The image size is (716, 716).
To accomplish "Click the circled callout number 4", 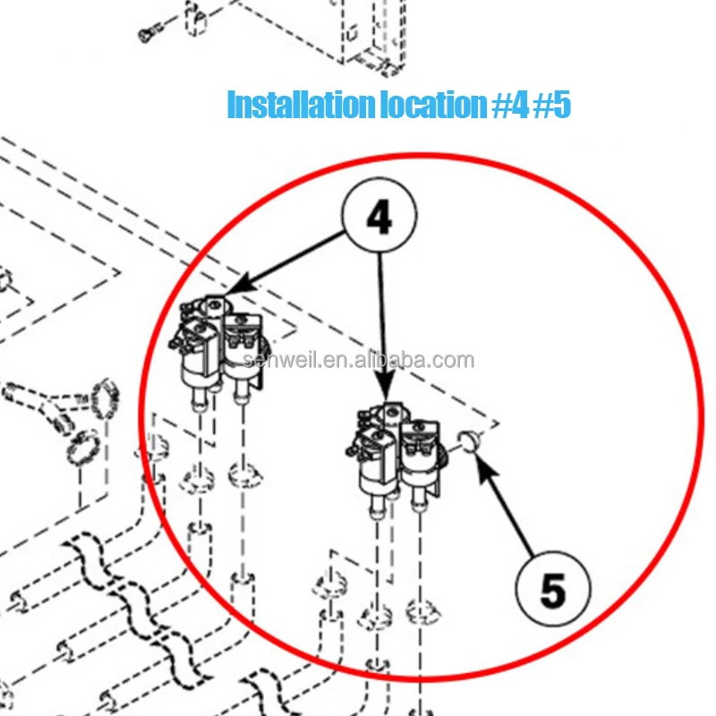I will (x=379, y=216).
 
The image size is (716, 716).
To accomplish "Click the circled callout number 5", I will (x=553, y=590).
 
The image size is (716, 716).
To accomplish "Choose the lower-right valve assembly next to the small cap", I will (x=397, y=456).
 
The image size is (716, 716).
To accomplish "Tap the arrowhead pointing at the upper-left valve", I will (x=231, y=289).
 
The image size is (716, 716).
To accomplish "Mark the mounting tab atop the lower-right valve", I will (x=391, y=411).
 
